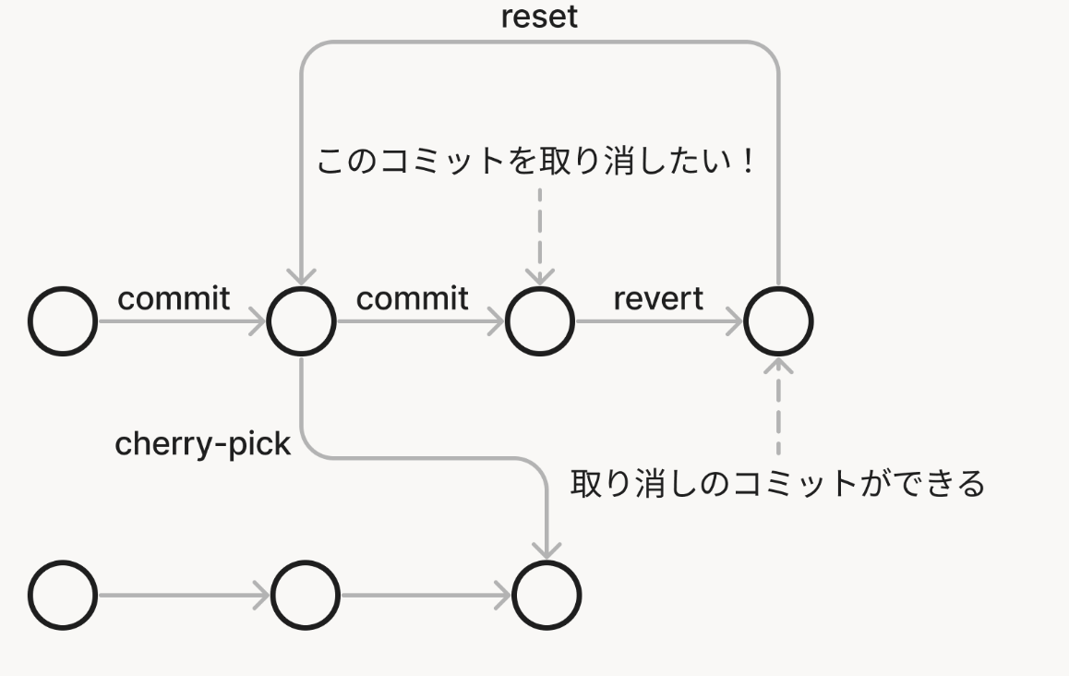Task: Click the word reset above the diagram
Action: pos(539,17)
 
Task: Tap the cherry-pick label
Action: pos(202,444)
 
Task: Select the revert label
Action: pos(657,298)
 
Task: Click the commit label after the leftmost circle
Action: pos(174,298)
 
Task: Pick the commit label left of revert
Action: pos(412,298)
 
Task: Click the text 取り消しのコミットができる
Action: pos(777,483)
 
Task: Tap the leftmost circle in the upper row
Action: pos(63,321)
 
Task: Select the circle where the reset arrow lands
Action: pos(301,321)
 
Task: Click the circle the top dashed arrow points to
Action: pos(540,321)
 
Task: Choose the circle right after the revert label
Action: pos(778,321)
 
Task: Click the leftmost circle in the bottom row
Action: pos(63,595)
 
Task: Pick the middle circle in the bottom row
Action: pos(306,595)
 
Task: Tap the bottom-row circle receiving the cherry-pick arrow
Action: pos(547,595)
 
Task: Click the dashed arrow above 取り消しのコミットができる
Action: pos(778,406)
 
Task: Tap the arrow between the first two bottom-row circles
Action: pos(184,595)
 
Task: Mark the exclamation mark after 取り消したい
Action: pos(750,163)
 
